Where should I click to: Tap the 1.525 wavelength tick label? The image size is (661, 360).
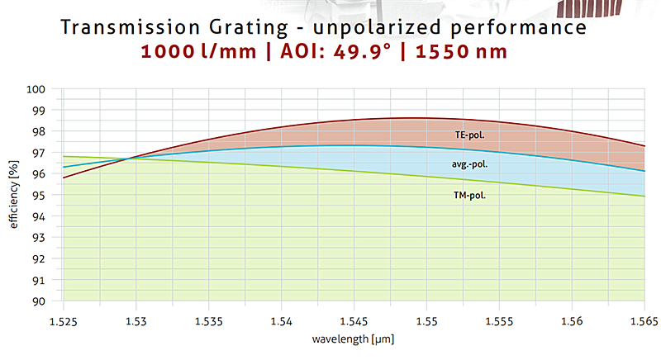[x=64, y=319]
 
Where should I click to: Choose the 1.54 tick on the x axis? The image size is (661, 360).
[x=281, y=319]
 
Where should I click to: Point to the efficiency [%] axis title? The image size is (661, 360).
[x=13, y=196]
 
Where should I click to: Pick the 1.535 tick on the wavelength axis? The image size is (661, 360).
[x=208, y=319]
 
